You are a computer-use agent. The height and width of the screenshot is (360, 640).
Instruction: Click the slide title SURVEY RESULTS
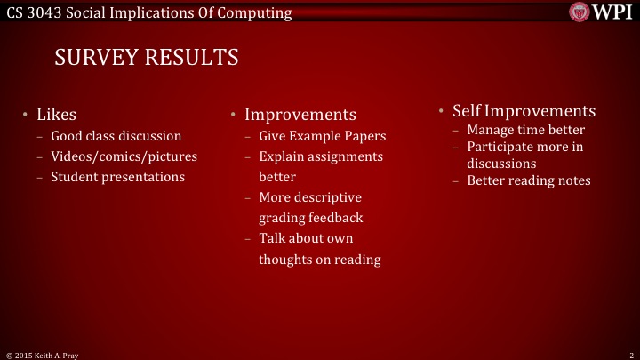click(147, 58)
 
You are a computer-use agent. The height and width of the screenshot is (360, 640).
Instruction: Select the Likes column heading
click(56, 115)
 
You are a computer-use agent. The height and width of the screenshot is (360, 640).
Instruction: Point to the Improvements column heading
click(300, 116)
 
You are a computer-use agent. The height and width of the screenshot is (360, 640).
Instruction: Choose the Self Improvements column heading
click(524, 111)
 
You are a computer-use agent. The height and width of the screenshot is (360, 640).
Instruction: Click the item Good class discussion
click(116, 136)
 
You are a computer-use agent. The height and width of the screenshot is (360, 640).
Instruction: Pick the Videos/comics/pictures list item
click(124, 156)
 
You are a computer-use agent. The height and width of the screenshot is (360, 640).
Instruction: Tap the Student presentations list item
click(117, 177)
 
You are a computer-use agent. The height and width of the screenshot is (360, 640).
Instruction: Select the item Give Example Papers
click(323, 137)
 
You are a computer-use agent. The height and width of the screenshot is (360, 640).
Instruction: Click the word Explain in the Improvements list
click(282, 156)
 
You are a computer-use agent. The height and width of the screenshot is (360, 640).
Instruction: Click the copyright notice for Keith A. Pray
click(44, 354)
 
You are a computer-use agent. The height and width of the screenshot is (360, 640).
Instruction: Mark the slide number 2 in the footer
click(630, 354)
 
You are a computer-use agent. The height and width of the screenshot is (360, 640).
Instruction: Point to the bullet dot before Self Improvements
click(441, 110)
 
